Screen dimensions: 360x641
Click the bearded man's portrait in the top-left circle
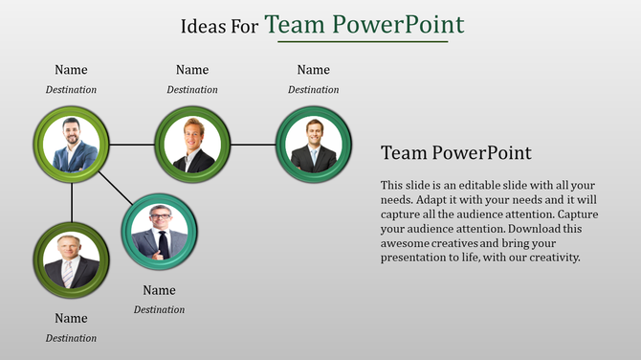pos(72,145)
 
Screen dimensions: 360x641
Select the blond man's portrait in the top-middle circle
pos(192,145)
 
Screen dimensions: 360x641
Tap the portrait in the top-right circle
pos(314,145)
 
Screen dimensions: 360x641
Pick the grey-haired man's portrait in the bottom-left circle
pos(72,260)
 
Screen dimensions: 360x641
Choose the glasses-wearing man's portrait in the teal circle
pos(160,231)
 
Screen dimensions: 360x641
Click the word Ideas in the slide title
pos(203,27)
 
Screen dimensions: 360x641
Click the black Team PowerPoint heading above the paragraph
pos(455,153)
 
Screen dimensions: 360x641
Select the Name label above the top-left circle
pos(71,70)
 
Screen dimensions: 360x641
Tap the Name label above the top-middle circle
pos(192,70)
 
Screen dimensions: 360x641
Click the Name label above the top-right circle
pos(313,70)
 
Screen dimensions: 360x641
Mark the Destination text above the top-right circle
pos(313,90)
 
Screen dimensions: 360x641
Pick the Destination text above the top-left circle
pos(71,90)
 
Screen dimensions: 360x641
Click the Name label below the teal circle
pos(159,291)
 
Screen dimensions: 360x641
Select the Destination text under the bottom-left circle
pos(71,338)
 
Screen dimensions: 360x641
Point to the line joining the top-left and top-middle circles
pos(132,145)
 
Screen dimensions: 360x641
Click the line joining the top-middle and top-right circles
pos(253,145)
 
